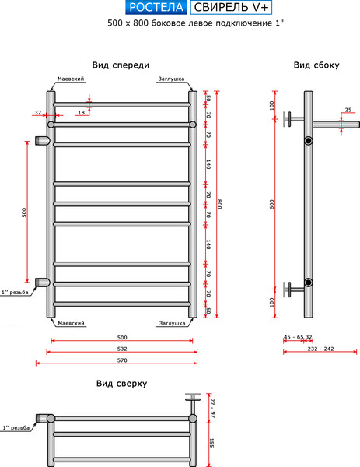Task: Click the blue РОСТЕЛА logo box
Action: pyautogui.click(x=156, y=8)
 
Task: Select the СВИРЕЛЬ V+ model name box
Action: pyautogui.click(x=231, y=8)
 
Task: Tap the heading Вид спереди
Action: pyautogui.click(x=121, y=65)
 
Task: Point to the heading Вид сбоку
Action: pyautogui.click(x=316, y=65)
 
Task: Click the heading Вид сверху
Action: pyautogui.click(x=121, y=383)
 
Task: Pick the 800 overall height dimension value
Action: pyautogui.click(x=219, y=204)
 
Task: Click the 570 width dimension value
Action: pyautogui.click(x=122, y=360)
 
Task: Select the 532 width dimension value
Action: pyautogui.click(x=122, y=349)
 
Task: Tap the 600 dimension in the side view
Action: pyautogui.click(x=271, y=204)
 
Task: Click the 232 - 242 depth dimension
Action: pyautogui.click(x=320, y=349)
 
